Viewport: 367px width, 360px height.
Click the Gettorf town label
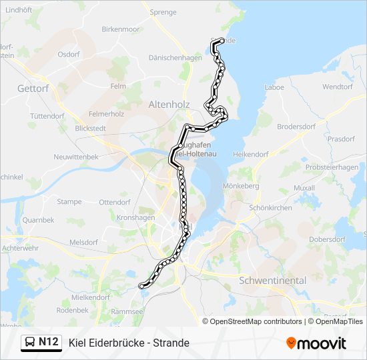pos(33,88)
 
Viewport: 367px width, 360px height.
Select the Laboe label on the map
pos(274,87)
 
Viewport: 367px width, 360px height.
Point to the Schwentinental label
pos(272,281)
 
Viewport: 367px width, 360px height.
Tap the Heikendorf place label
pos(251,154)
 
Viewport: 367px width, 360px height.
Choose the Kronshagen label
pos(135,217)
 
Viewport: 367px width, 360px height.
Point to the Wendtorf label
pos(337,87)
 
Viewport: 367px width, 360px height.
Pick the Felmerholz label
pos(107,114)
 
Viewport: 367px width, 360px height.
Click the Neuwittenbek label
pos(77,157)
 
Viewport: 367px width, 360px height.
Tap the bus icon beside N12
pos(29,343)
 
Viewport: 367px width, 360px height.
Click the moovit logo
pos(316,343)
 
